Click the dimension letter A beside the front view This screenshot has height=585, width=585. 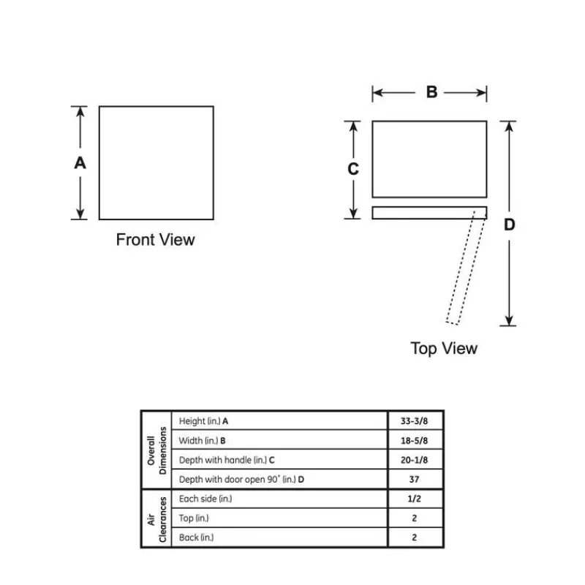[x=80, y=162]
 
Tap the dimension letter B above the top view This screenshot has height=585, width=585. [x=431, y=92]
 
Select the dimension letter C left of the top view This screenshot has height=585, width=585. [x=353, y=169]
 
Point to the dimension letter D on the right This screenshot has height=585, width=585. [x=509, y=224]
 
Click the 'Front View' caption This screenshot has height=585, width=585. [x=155, y=240]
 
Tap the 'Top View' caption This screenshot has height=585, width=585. [x=444, y=349]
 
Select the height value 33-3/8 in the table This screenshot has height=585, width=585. [x=414, y=421]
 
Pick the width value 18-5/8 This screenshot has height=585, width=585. [x=414, y=441]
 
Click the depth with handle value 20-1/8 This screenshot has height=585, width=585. [x=414, y=460]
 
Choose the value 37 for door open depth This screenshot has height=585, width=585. [x=414, y=480]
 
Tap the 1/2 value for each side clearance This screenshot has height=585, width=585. [x=414, y=499]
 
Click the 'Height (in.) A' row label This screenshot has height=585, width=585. [x=203, y=421]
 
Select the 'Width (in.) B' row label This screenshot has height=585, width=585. [x=203, y=441]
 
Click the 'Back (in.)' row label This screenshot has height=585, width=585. [x=196, y=537]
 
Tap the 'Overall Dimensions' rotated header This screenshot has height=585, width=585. [x=156, y=450]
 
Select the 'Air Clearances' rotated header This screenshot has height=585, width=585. [x=156, y=519]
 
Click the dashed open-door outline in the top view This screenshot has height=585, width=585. [x=461, y=268]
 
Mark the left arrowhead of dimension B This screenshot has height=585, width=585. [x=377, y=93]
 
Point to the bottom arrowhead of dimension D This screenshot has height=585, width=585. [x=509, y=320]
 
